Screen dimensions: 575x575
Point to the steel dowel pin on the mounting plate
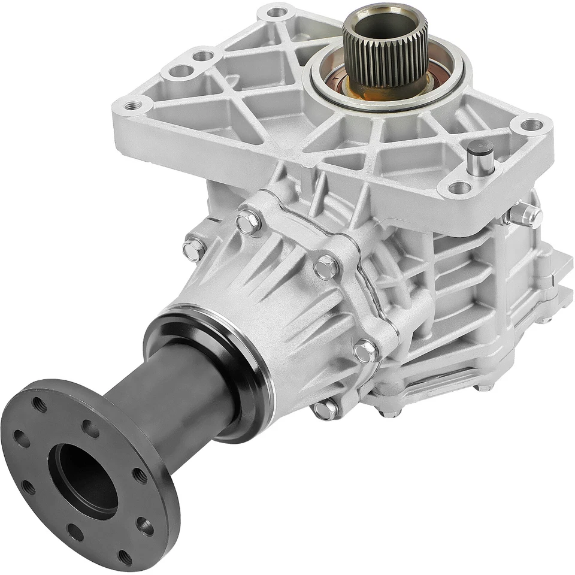coord(480,157)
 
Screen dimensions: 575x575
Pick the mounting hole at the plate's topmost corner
coord(276,12)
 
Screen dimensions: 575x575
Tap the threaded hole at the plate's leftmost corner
coord(132,106)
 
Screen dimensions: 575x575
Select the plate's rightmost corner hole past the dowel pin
coord(530,125)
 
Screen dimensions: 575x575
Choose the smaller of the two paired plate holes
coord(203,56)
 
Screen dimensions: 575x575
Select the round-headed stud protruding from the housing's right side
coord(527,214)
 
